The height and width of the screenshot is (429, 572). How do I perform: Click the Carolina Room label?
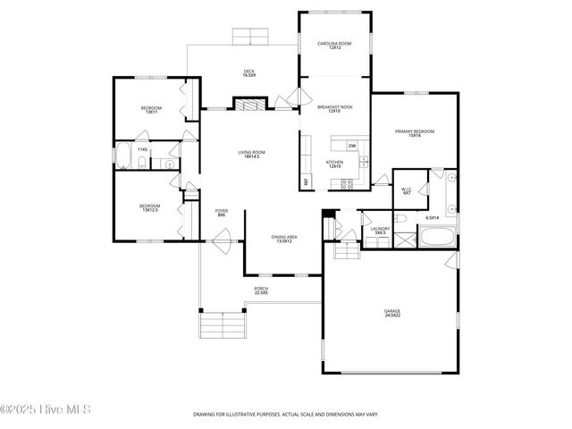click(x=335, y=45)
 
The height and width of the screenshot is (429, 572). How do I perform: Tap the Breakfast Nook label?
click(x=335, y=109)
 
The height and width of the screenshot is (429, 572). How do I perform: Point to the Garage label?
click(x=393, y=313)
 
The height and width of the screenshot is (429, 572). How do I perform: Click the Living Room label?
click(x=251, y=155)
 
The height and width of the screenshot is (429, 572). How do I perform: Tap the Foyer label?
click(x=221, y=214)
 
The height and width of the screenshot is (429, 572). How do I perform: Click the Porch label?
click(x=261, y=290)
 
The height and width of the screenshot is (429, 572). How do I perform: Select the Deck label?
click(x=249, y=72)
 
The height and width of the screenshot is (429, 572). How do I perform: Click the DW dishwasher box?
click(x=352, y=146)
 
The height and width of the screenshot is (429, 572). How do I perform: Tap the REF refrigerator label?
click(x=306, y=181)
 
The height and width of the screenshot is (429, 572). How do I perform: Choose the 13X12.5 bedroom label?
click(x=148, y=207)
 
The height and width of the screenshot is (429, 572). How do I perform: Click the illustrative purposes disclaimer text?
click(x=285, y=415)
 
